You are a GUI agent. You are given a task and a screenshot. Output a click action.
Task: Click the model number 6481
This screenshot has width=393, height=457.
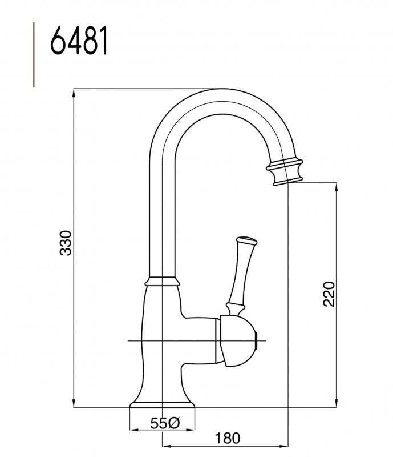tap(79, 41)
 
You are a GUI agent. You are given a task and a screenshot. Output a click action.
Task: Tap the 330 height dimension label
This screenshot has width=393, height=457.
tap(67, 243)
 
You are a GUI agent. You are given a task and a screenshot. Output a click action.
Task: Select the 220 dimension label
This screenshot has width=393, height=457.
tap(329, 294)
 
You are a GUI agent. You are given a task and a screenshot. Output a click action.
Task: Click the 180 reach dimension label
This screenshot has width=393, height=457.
tap(227, 438)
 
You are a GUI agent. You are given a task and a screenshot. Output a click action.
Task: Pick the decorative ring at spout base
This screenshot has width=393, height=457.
tap(163, 280)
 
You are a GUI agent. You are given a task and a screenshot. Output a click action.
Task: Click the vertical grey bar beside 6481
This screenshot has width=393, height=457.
tap(34, 54)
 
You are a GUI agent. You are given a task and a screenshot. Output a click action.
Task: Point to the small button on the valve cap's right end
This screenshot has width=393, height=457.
tap(261, 341)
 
